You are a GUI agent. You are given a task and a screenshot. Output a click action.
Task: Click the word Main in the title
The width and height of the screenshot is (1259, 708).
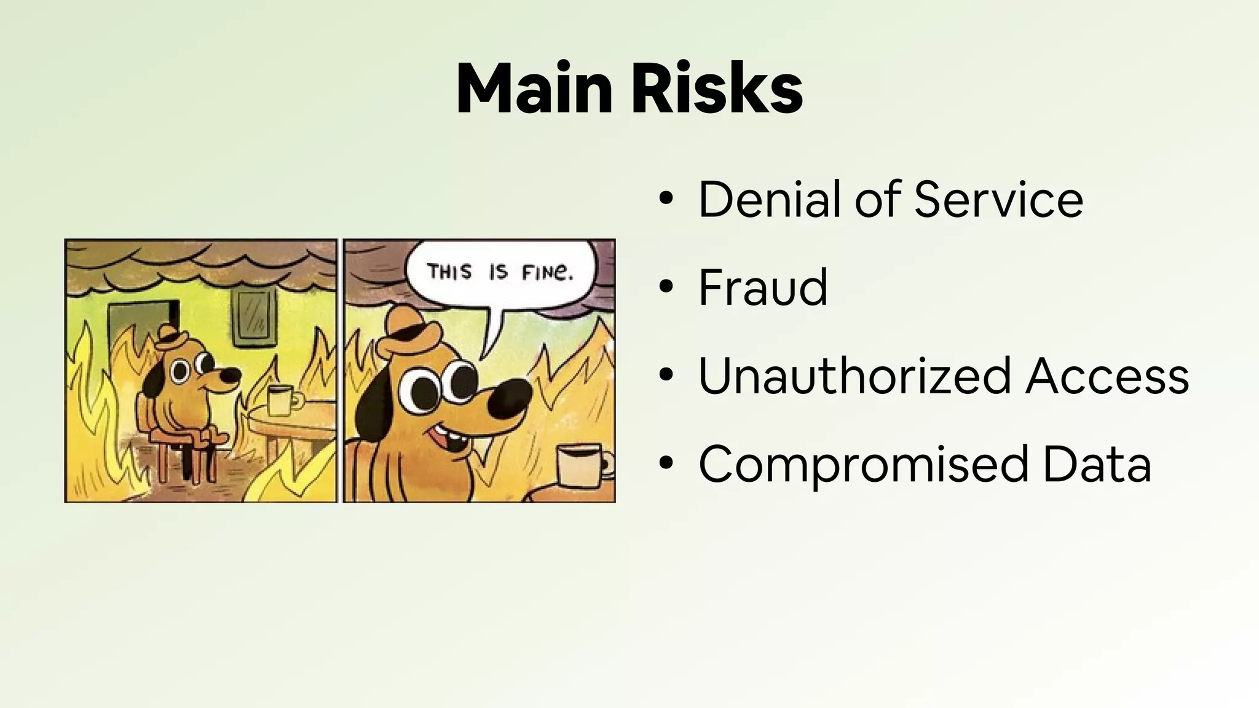pyautogui.click(x=534, y=90)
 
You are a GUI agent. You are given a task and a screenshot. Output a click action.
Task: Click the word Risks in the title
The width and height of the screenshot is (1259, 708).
pyautogui.click(x=717, y=90)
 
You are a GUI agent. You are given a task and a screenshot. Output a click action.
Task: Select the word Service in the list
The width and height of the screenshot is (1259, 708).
pyautogui.click(x=998, y=199)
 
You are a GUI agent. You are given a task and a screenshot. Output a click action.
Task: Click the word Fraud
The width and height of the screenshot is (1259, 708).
pyautogui.click(x=763, y=287)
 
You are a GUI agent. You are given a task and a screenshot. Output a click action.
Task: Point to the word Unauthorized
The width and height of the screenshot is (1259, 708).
pyautogui.click(x=854, y=376)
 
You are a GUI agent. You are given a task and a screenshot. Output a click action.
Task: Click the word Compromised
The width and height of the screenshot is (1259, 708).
pyautogui.click(x=863, y=464)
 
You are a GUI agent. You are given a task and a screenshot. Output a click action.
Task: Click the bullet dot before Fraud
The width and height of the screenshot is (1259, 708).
pyautogui.click(x=666, y=287)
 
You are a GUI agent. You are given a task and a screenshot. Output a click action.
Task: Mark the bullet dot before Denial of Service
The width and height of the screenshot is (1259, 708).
pyautogui.click(x=666, y=199)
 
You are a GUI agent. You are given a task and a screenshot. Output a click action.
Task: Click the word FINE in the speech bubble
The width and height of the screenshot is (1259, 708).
pyautogui.click(x=547, y=272)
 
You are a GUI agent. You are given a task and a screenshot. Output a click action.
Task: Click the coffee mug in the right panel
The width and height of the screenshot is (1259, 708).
pyautogui.click(x=581, y=467)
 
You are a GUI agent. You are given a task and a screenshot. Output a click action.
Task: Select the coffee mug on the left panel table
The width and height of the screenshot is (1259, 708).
pyautogui.click(x=279, y=400)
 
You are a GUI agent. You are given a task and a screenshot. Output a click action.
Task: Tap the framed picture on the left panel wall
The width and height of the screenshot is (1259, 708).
pyautogui.click(x=254, y=317)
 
